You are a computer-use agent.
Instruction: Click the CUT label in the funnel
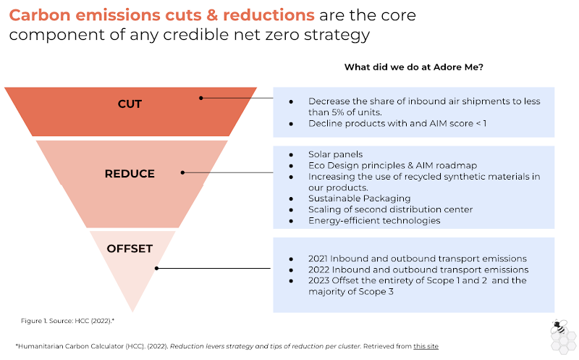pyautogui.click(x=130, y=104)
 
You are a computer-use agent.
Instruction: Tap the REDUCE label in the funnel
pyautogui.click(x=130, y=174)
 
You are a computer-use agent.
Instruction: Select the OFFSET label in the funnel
pyautogui.click(x=130, y=248)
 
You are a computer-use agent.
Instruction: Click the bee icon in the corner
pyautogui.click(x=559, y=327)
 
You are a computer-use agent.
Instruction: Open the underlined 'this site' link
pyautogui.click(x=426, y=346)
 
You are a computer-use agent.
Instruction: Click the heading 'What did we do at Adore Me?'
pyautogui.click(x=413, y=67)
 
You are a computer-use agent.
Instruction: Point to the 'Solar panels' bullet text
pyautogui.click(x=335, y=154)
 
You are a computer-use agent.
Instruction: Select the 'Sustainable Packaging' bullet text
pyautogui.click(x=359, y=198)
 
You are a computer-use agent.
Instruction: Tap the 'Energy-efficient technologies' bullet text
pyautogui.click(x=374, y=221)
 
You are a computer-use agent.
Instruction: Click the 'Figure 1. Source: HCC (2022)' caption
pyautogui.click(x=67, y=321)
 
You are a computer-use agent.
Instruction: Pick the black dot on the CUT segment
pyautogui.click(x=201, y=98)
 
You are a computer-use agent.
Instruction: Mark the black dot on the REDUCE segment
pyautogui.click(x=182, y=172)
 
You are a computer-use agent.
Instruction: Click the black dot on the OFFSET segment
pyautogui.click(x=156, y=268)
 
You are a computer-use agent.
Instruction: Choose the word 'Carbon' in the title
pyautogui.click(x=40, y=15)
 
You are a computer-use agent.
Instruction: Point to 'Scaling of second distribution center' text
pyautogui.click(x=390, y=209)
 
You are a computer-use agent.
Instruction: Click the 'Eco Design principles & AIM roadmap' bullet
pyautogui.click(x=392, y=166)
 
